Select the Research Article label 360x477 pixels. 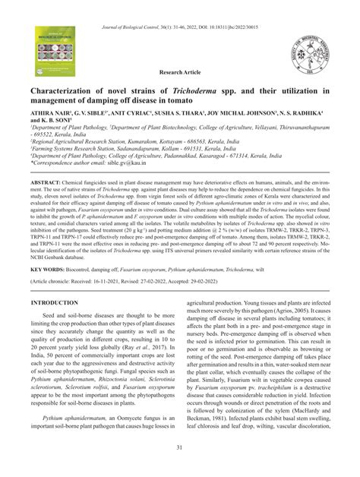[180, 74]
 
